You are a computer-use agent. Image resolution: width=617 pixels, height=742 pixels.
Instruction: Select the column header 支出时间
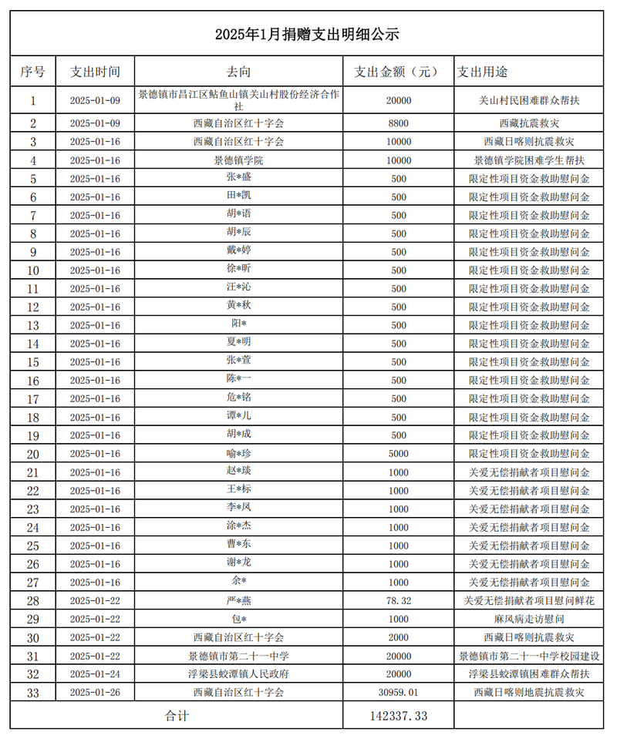[x=96, y=72]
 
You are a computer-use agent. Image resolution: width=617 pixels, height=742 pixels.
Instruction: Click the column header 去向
[x=238, y=72]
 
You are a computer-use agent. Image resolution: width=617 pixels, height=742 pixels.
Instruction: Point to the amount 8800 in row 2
[x=398, y=123]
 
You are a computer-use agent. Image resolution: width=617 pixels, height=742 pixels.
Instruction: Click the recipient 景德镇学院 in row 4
[x=238, y=160]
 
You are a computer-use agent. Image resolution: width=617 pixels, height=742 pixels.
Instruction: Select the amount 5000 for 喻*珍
[x=398, y=454]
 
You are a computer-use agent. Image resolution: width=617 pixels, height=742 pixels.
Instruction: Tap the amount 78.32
[x=398, y=601]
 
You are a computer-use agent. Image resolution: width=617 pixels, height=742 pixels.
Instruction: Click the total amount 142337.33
[x=398, y=716]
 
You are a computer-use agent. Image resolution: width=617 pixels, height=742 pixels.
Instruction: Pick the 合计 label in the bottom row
[x=177, y=716]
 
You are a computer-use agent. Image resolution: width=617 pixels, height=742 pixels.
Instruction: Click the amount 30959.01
[x=398, y=693]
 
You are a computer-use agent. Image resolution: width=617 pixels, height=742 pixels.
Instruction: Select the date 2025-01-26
[x=96, y=693]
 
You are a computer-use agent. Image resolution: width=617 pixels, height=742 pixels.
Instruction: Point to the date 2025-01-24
[x=96, y=674]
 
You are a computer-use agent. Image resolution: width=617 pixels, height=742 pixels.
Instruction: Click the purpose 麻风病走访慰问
[x=529, y=619]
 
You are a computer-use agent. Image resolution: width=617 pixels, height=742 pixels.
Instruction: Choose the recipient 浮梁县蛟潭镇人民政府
[x=238, y=674]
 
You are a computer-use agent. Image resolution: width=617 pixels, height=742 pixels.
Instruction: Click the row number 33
[x=32, y=693]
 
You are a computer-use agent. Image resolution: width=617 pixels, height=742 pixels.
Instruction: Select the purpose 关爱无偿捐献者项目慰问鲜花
[x=529, y=601]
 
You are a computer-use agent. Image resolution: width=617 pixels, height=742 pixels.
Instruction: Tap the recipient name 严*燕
[x=238, y=601]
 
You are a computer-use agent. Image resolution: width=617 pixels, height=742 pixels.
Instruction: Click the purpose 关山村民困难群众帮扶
[x=529, y=100]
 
